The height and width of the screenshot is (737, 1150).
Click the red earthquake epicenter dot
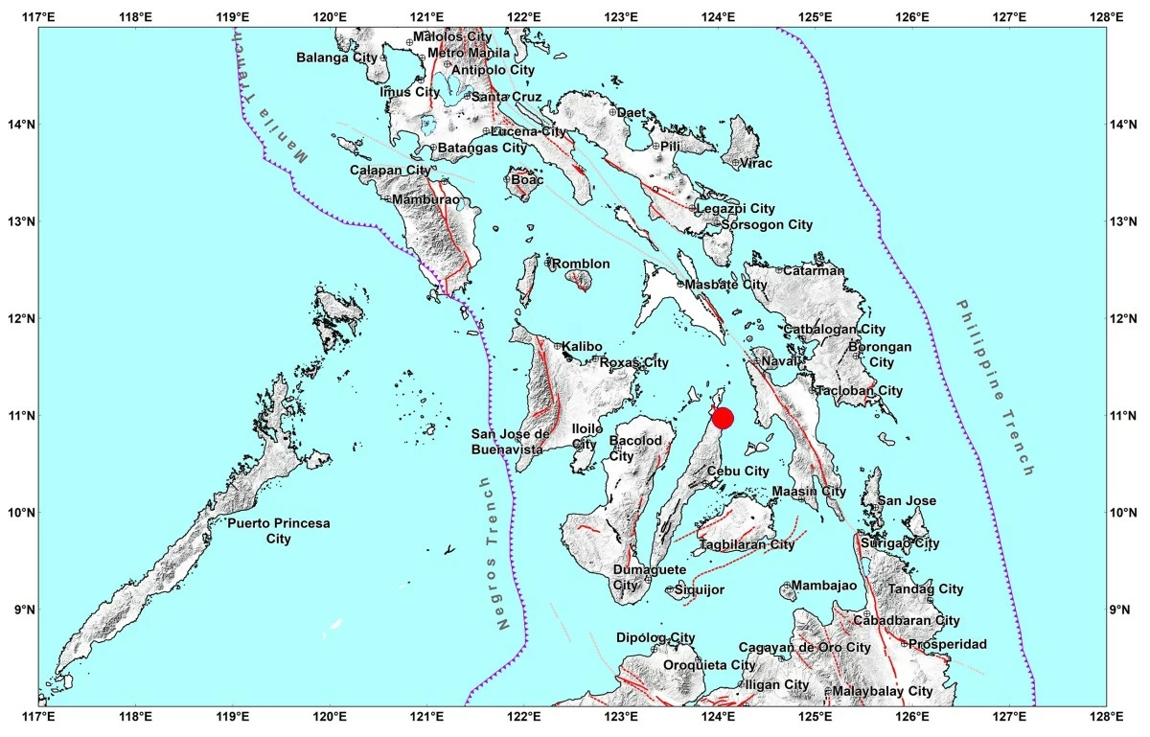point(723,419)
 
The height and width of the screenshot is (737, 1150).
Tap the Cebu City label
point(738,472)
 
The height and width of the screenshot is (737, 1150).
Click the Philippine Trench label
point(995,387)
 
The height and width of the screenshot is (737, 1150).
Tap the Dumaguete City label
point(638,577)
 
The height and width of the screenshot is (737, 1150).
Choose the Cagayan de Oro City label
point(804,648)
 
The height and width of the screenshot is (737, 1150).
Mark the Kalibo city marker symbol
point(557,346)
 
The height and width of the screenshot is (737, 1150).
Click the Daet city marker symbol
point(612,112)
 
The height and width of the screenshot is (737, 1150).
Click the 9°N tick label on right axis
point(1122,610)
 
